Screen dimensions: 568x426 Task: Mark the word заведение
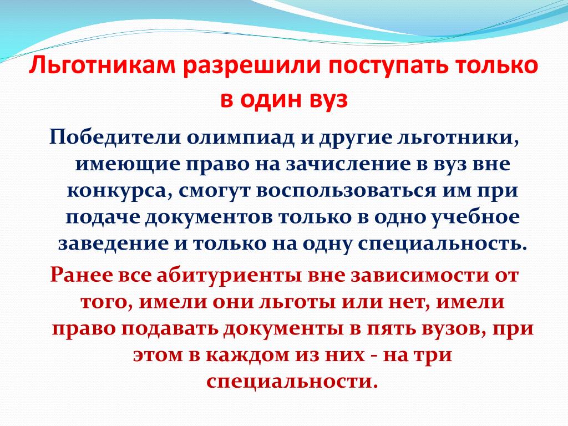coord(113,243)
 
